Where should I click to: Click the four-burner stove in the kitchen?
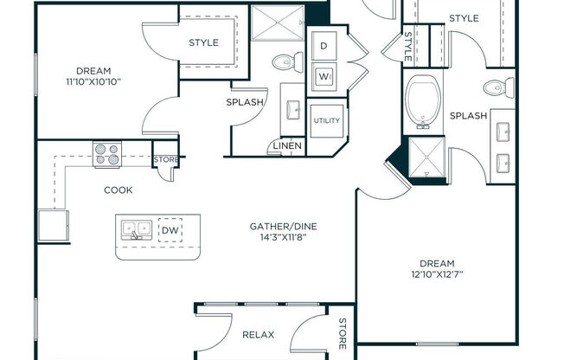107,154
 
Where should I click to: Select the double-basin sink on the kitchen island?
136,230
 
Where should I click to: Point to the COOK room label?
119,190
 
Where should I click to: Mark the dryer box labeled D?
324,45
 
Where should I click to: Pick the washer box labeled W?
324,74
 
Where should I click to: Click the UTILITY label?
327,120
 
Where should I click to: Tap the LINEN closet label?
287,146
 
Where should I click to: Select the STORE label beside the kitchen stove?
166,160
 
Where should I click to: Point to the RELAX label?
252,333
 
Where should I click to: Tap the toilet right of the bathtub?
494,87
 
